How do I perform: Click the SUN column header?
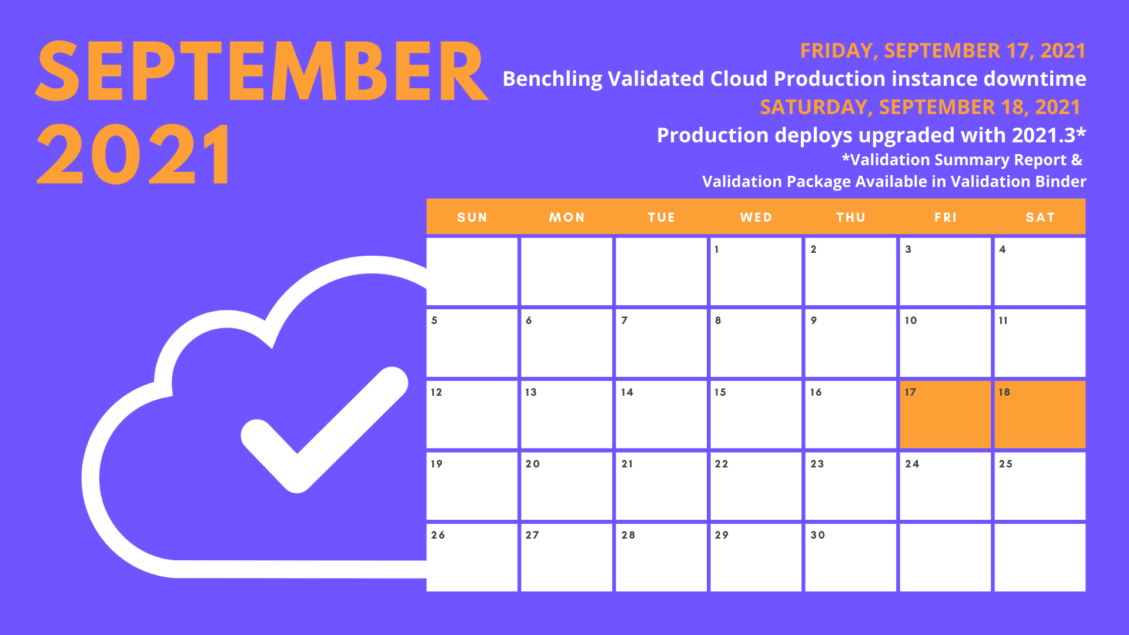pyautogui.click(x=472, y=218)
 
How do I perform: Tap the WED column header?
pyautogui.click(x=756, y=218)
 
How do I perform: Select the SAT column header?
pyautogui.click(x=1040, y=218)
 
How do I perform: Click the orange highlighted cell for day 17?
pyautogui.click(x=945, y=415)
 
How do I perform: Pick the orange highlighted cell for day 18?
pyautogui.click(x=1040, y=415)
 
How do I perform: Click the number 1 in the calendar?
pyautogui.click(x=717, y=249)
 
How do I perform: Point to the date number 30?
pyautogui.click(x=818, y=535)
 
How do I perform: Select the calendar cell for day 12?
pyautogui.click(x=472, y=415)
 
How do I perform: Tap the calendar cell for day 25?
pyautogui.click(x=1040, y=486)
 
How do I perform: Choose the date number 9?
pyautogui.click(x=814, y=320)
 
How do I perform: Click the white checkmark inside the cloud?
pyautogui.click(x=325, y=430)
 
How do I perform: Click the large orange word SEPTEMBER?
pyautogui.click(x=262, y=71)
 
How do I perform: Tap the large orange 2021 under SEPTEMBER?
pyautogui.click(x=134, y=154)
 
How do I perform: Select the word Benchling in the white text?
pyautogui.click(x=553, y=79)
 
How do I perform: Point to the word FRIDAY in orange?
pyautogui.click(x=837, y=51)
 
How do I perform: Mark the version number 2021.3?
pyautogui.click(x=1044, y=135)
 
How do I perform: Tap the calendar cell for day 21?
pyautogui.click(x=661, y=486)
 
